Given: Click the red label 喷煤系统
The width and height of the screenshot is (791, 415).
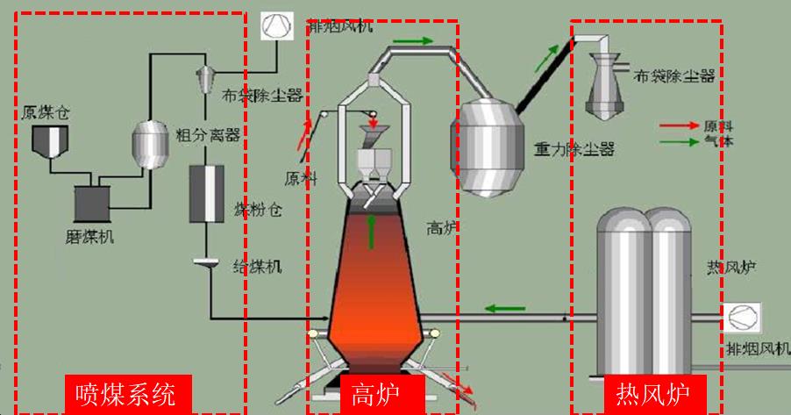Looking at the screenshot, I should click(126, 392).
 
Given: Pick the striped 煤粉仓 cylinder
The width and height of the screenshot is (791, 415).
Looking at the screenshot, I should click(207, 193).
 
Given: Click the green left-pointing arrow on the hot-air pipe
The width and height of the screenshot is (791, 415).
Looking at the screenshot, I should click(506, 308).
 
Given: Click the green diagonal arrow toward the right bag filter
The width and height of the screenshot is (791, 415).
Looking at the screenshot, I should click(545, 61).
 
